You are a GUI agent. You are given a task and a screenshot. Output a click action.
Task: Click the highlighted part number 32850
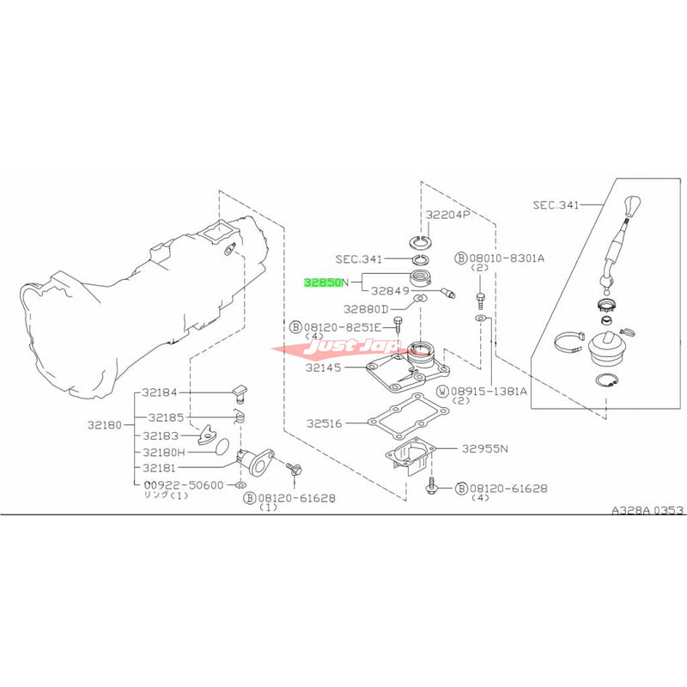click(x=323, y=282)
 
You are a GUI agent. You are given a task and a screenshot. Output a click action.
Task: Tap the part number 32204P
click(x=446, y=215)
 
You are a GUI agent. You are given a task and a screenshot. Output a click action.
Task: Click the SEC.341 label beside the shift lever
click(x=556, y=205)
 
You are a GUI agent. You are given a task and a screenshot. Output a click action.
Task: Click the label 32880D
click(x=367, y=307)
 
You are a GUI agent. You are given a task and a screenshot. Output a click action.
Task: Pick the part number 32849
click(x=392, y=291)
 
